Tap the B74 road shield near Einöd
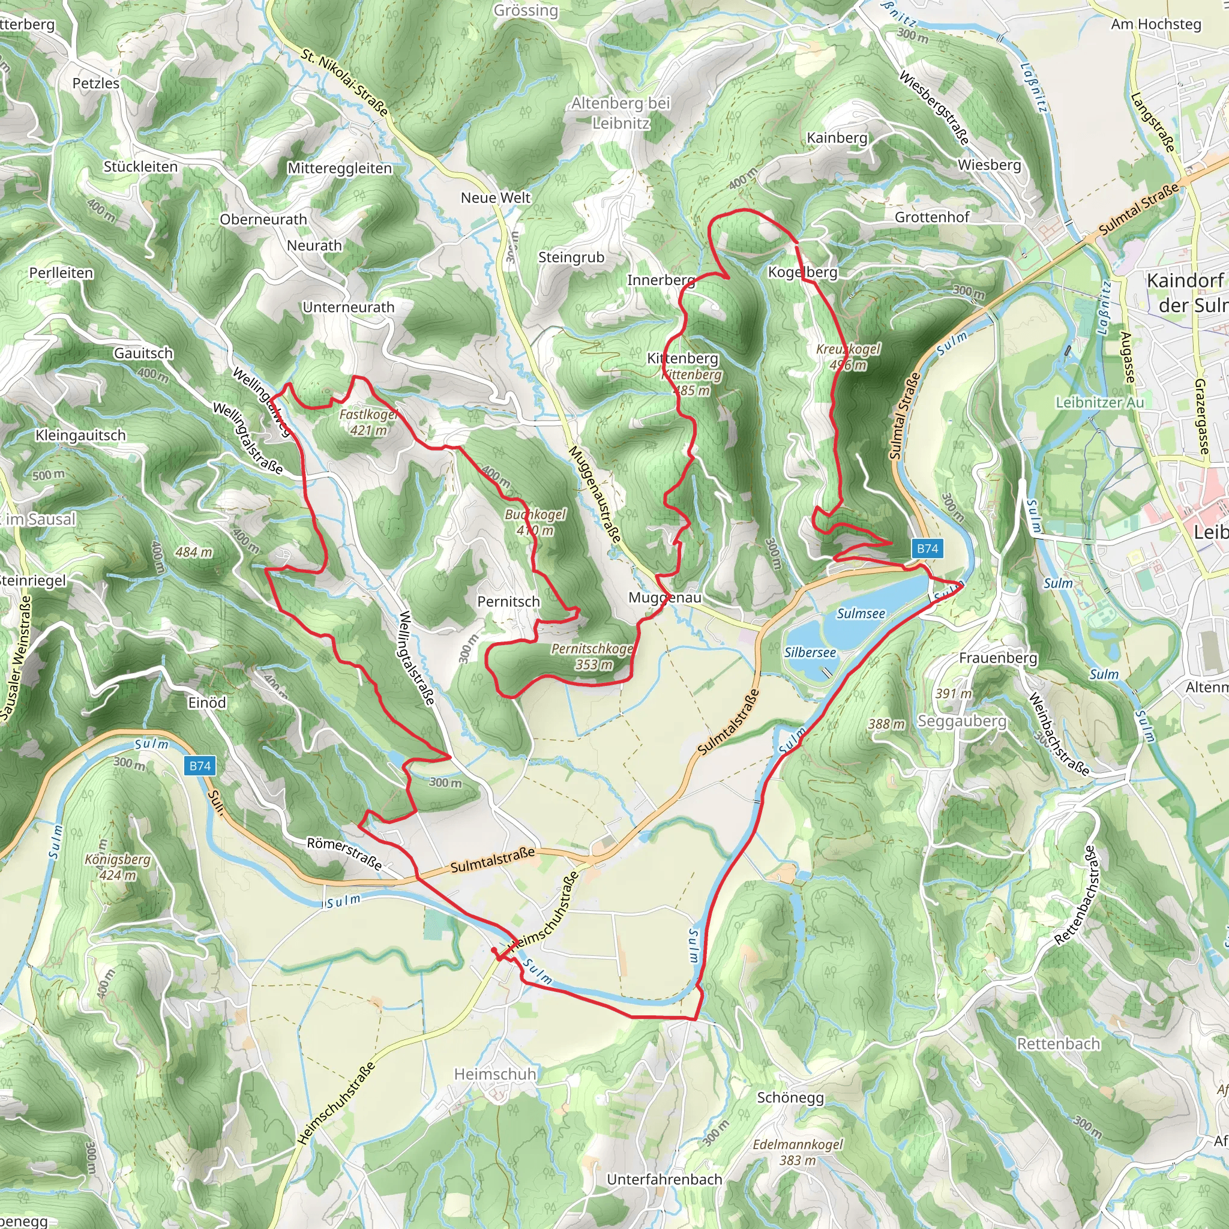[200, 765]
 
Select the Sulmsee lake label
[860, 613]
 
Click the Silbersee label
[810, 652]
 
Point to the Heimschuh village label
[495, 1074]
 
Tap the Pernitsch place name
[508, 601]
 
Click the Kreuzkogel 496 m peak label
[848, 357]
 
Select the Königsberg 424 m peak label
[118, 867]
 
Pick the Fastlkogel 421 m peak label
[368, 422]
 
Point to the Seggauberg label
[962, 721]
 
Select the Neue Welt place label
[495, 198]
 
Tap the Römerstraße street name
[344, 854]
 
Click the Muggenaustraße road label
[594, 494]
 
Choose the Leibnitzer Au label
[1099, 402]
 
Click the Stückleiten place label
[140, 167]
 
